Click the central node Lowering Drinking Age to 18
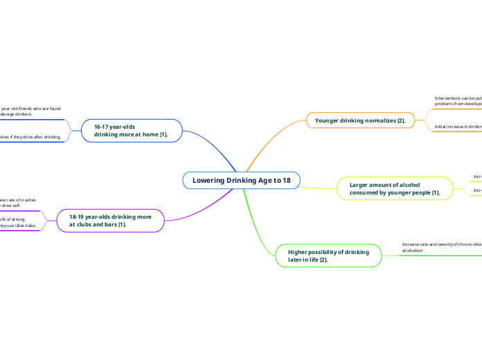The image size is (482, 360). [x=241, y=181]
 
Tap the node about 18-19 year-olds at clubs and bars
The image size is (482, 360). [x=110, y=221]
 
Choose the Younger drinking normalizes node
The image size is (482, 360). [x=359, y=120]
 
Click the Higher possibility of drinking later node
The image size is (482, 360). [x=328, y=255]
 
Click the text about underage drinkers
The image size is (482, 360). [x=30, y=111]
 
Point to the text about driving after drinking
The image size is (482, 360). [x=30, y=137]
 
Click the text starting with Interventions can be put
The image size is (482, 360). [x=458, y=101]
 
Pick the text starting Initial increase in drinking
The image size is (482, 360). [x=458, y=127]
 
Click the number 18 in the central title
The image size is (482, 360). [x=286, y=181]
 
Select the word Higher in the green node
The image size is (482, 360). [x=299, y=251]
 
